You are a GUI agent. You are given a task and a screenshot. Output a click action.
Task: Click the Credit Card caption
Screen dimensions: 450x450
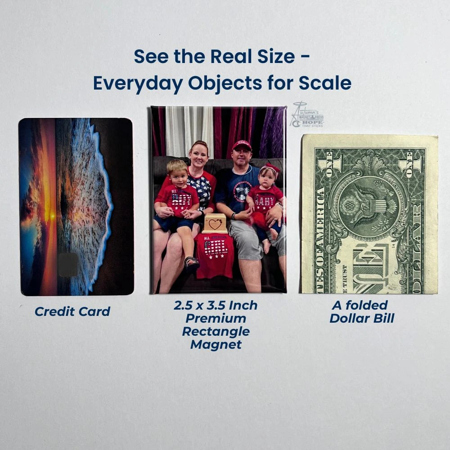72,311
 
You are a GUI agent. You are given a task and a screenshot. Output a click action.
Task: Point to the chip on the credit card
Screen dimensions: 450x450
68,264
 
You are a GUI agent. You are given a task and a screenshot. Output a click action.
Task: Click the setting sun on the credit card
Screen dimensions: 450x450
51,216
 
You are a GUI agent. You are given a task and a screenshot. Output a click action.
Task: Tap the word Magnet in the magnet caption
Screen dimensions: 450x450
216,345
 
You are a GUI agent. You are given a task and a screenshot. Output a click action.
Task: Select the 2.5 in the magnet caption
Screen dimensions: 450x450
184,306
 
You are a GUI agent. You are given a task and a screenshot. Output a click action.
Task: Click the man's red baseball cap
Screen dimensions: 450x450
242,145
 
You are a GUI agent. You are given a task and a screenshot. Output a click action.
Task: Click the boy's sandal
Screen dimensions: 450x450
192,262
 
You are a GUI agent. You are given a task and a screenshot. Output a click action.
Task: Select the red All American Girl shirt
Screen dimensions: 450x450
215,254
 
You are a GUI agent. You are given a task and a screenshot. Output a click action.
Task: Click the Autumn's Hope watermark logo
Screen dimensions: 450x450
308,116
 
